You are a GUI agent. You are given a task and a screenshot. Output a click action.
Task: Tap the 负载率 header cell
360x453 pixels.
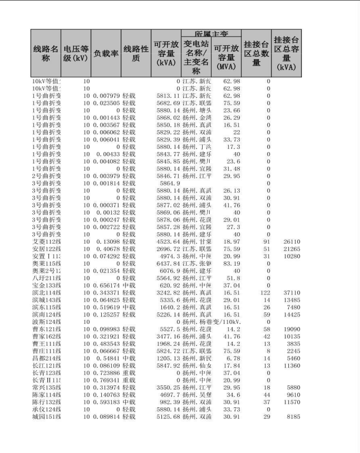click(x=106, y=54)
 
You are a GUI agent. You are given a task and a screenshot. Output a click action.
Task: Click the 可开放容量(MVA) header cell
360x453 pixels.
click(x=226, y=57)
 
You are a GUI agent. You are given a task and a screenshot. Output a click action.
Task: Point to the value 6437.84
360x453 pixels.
click(x=168, y=264)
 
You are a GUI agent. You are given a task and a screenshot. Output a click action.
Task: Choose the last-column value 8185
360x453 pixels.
click(x=293, y=416)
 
